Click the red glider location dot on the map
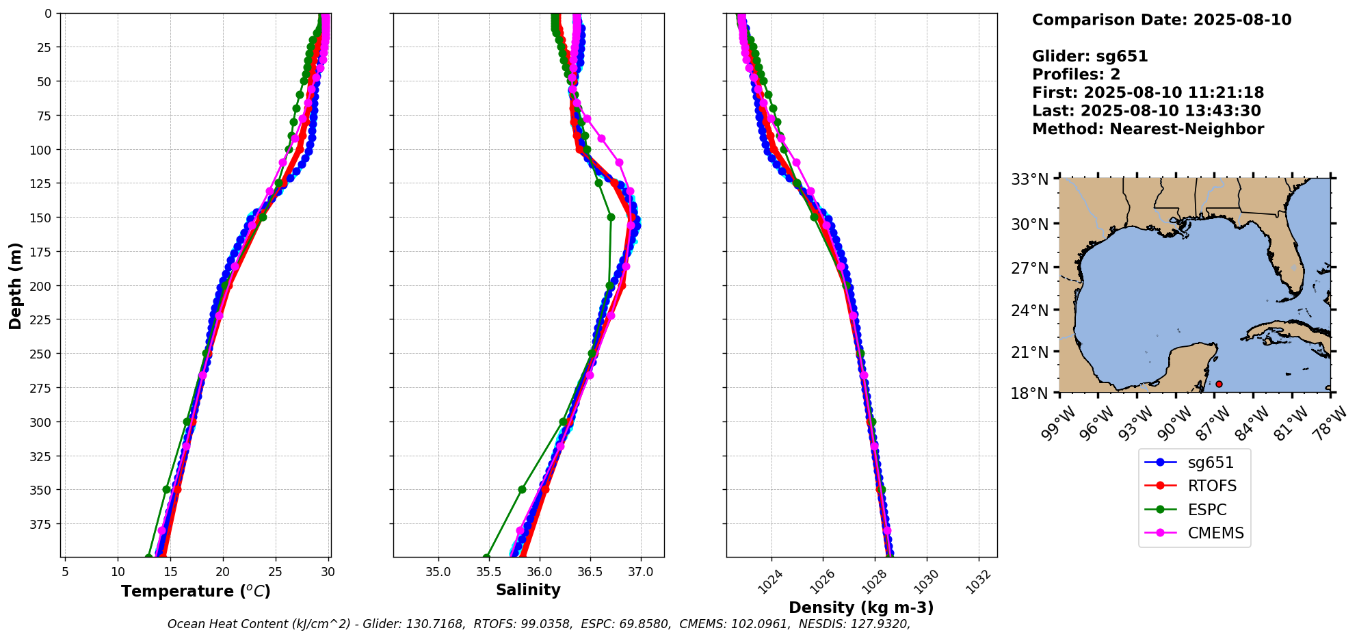pyautogui.click(x=1219, y=384)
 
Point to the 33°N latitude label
pyautogui.click(x=1030, y=179)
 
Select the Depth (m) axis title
pyautogui.click(x=15, y=285)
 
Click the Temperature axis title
pyautogui.click(x=196, y=591)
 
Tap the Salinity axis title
pyautogui.click(x=528, y=590)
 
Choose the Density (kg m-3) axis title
pyautogui.click(x=861, y=608)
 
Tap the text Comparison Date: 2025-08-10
pyautogui.click(x=1161, y=20)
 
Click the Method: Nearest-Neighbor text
pyautogui.click(x=1148, y=129)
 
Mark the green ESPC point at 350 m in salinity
pyautogui.click(x=522, y=489)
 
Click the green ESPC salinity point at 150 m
pyautogui.click(x=611, y=217)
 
